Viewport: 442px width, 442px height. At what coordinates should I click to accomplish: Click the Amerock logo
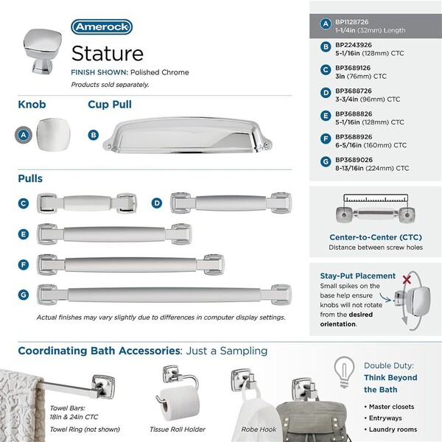102,27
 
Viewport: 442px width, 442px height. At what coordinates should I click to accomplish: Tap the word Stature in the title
107,53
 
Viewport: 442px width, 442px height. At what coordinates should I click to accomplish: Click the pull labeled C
88,204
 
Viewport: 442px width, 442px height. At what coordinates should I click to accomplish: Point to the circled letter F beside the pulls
24,264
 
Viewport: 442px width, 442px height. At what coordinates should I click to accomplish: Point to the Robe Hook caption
259,428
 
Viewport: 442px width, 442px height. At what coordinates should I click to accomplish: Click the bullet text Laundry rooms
393,429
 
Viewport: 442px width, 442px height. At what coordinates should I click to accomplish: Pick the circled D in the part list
325,92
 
